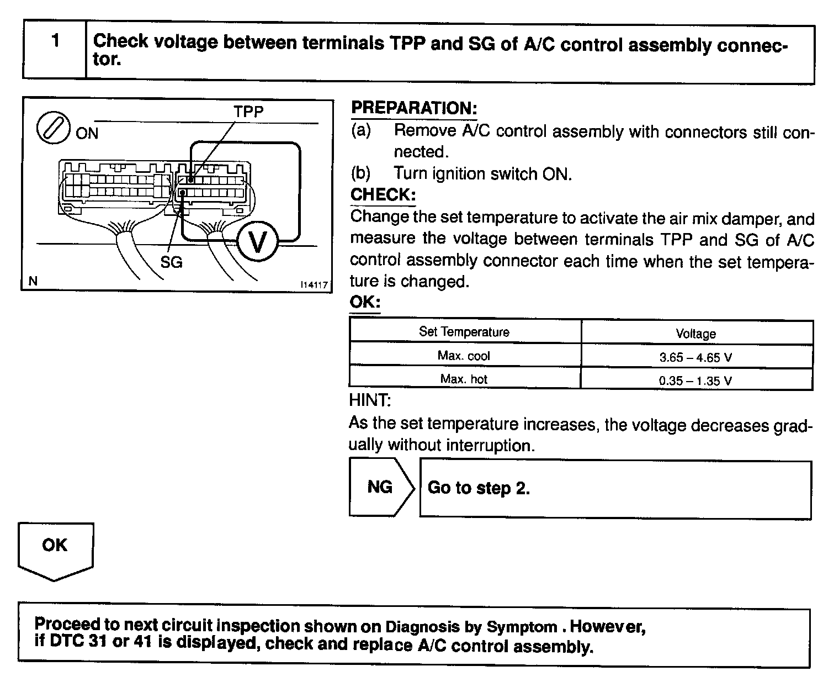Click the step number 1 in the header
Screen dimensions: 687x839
point(55,41)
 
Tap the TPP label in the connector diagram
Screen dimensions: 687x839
point(248,112)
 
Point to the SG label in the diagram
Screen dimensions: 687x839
point(171,262)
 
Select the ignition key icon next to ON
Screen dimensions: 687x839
point(52,128)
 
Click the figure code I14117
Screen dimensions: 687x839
point(314,285)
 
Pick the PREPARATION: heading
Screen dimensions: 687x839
point(414,108)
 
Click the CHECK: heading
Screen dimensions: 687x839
point(383,194)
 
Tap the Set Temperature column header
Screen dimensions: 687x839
point(464,332)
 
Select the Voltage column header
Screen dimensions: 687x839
point(695,334)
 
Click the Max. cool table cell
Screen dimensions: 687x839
point(464,356)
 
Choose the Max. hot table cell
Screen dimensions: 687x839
point(464,379)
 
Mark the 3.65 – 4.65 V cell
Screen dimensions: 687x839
point(695,357)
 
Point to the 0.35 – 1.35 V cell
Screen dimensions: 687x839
point(695,381)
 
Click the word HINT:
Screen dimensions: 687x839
point(370,400)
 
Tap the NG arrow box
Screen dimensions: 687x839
point(380,487)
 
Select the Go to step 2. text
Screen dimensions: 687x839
point(479,488)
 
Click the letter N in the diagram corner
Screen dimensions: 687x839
point(33,281)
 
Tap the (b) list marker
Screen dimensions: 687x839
point(361,173)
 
